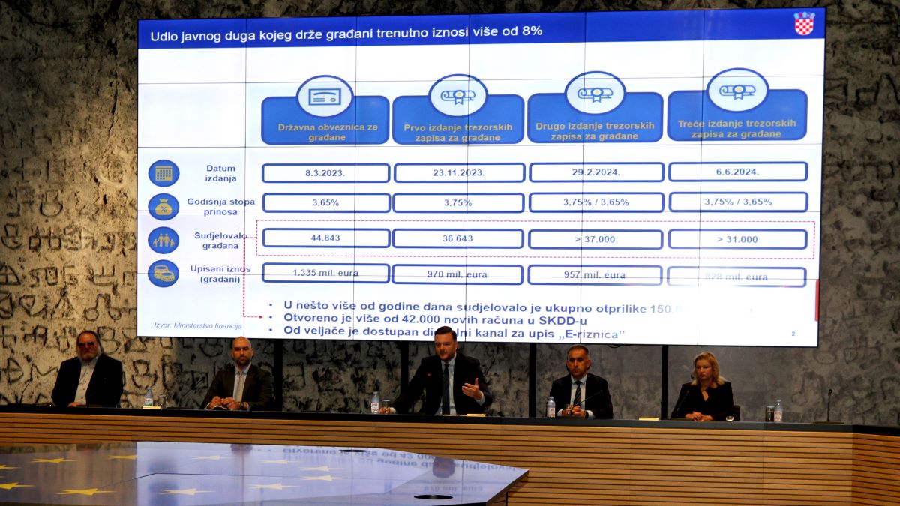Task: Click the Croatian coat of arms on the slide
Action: (804, 23)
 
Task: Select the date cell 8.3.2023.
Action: (325, 173)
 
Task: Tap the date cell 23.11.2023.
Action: (459, 173)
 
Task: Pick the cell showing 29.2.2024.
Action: (596, 172)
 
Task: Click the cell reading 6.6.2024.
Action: (737, 172)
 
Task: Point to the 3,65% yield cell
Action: (326, 202)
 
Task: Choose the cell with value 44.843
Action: (325, 238)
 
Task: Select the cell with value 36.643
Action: (457, 238)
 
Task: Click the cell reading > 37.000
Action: (595, 239)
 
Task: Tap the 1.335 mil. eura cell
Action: (325, 273)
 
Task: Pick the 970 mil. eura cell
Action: (457, 274)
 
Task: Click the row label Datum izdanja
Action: (220, 173)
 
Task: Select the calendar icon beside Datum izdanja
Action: (163, 173)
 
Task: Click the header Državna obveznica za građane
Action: (325, 132)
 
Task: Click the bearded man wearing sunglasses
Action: (88, 371)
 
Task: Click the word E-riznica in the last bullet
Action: (597, 334)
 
